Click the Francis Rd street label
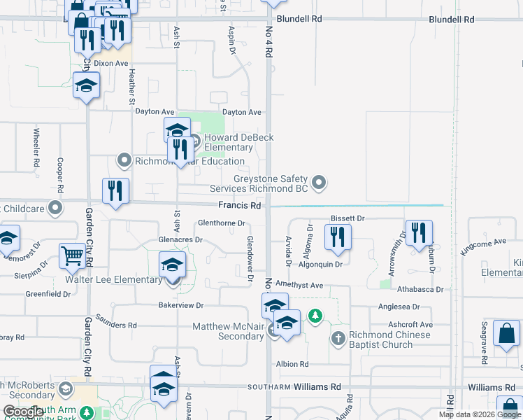click(x=239, y=206)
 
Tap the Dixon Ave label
click(x=112, y=63)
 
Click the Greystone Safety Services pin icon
click(x=320, y=183)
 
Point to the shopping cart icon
click(x=73, y=256)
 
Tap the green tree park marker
click(x=316, y=316)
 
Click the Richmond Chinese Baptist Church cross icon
click(x=338, y=339)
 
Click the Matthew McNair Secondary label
click(x=228, y=331)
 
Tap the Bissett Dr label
click(x=348, y=219)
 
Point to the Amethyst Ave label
click(x=299, y=286)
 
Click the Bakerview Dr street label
click(x=180, y=305)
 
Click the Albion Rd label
click(x=292, y=365)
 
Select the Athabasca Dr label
click(x=420, y=289)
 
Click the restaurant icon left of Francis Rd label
click(x=115, y=192)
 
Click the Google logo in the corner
click(x=23, y=412)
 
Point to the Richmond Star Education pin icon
click(x=124, y=161)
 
